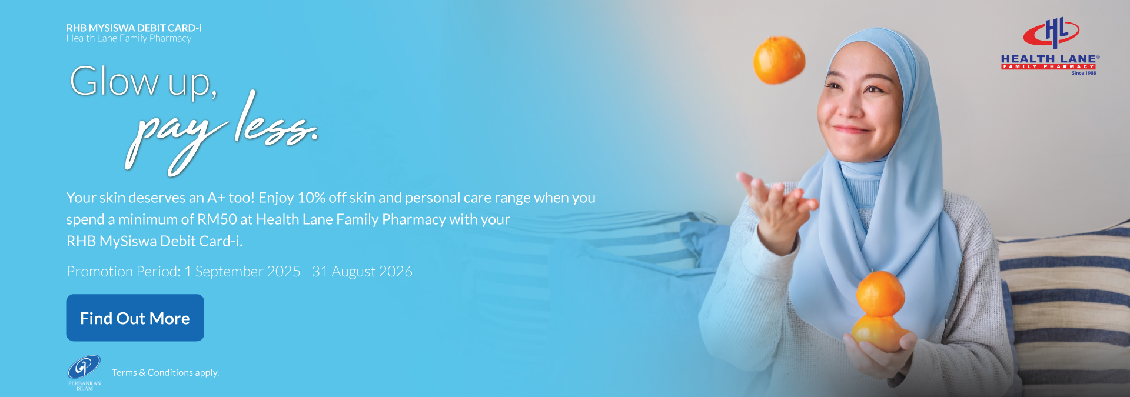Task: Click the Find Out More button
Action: (x=135, y=318)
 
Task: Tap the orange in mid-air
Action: (x=779, y=60)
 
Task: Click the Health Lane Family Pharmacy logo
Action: (x=1050, y=46)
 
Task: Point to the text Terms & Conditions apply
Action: (x=165, y=372)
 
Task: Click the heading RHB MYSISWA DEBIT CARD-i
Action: (x=134, y=28)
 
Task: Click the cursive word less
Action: (x=275, y=121)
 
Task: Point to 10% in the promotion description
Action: (x=311, y=198)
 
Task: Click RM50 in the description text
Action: (x=217, y=219)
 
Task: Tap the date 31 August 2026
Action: (x=362, y=271)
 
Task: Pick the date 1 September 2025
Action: (x=242, y=271)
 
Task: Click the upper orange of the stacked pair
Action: (x=880, y=293)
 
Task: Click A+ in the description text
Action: (x=216, y=198)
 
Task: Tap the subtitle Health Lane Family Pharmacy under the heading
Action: (x=129, y=38)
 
